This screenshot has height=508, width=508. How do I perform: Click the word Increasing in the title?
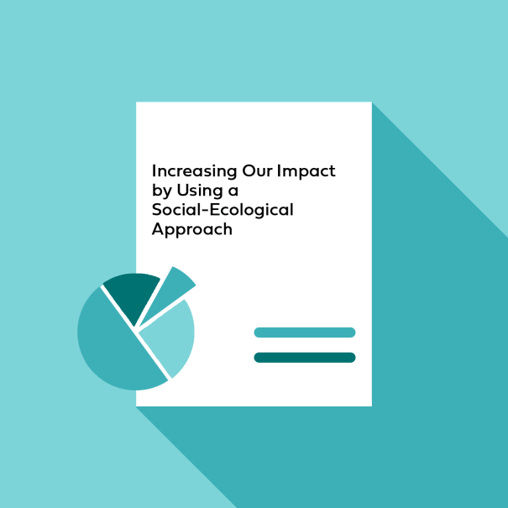pyautogui.click(x=195, y=171)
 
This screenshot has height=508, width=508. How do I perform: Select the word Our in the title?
pyautogui.click(x=257, y=170)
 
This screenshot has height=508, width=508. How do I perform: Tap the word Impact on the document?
pyautogui.click(x=306, y=171)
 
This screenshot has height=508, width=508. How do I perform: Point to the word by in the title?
pyautogui.click(x=162, y=191)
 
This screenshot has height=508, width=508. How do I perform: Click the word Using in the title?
pyautogui.click(x=200, y=191)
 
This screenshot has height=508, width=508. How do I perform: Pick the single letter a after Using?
pyautogui.click(x=233, y=192)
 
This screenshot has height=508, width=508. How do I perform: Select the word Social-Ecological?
pyautogui.click(x=223, y=210)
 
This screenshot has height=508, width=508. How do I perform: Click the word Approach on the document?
pyautogui.click(x=191, y=230)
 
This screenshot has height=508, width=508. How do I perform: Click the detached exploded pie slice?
pyautogui.click(x=171, y=291)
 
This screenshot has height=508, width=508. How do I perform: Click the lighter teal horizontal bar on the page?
pyautogui.click(x=305, y=333)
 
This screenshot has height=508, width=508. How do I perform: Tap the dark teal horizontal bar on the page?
pyautogui.click(x=305, y=358)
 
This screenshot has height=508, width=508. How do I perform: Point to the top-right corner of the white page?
pyautogui.click(x=372, y=102)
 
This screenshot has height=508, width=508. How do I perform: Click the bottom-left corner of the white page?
pyautogui.click(x=136, y=406)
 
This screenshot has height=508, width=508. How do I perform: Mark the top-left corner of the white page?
pyautogui.click(x=136, y=102)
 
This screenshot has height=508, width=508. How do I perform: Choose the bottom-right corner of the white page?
pyautogui.click(x=372, y=406)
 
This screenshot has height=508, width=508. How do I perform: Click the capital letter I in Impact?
pyautogui.click(x=278, y=170)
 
